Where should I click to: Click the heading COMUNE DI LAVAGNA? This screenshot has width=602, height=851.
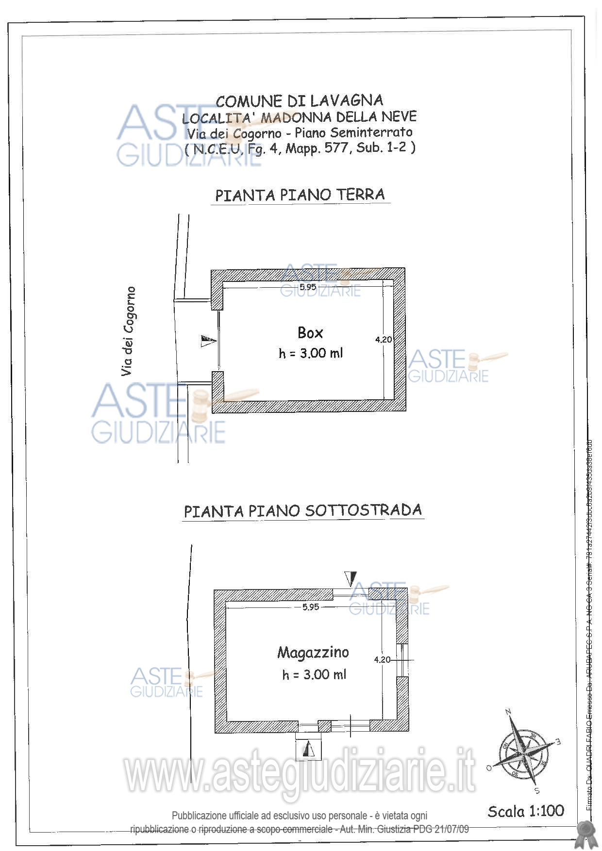pyautogui.click(x=300, y=101)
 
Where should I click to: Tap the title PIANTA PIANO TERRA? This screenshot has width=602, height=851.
pyautogui.click(x=300, y=195)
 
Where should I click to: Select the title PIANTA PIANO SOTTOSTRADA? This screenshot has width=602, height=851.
pyautogui.click(x=303, y=511)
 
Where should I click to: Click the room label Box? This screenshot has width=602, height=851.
pyautogui.click(x=310, y=333)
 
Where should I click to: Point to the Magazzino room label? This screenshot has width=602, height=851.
pyautogui.click(x=313, y=653)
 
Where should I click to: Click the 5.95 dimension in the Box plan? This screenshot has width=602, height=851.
pyautogui.click(x=308, y=287)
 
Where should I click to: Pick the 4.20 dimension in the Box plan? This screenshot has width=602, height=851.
pyautogui.click(x=383, y=340)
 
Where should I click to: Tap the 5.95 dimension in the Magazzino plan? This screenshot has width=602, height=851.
pyautogui.click(x=311, y=607)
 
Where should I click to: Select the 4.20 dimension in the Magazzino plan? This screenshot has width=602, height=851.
pyautogui.click(x=382, y=660)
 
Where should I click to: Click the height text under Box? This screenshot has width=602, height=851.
pyautogui.click(x=311, y=354)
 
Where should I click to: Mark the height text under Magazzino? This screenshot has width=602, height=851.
pyautogui.click(x=314, y=674)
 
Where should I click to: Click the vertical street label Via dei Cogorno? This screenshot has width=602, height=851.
pyautogui.click(x=128, y=331)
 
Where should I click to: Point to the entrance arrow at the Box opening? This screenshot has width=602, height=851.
pyautogui.click(x=208, y=341)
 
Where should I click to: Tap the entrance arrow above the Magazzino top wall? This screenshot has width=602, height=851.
pyautogui.click(x=351, y=579)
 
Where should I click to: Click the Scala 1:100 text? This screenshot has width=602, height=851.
pyautogui.click(x=526, y=811)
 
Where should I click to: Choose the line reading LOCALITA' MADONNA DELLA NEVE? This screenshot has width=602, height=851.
pyautogui.click(x=299, y=117)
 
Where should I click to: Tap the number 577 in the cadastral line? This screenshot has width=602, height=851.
pyautogui.click(x=336, y=148)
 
